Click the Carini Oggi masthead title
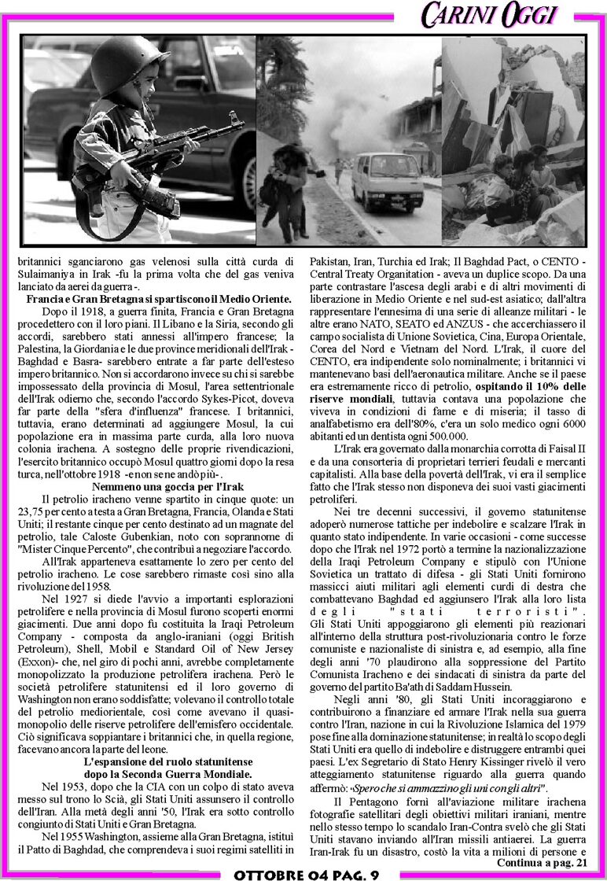pyautogui.click(x=488, y=14)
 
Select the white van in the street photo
pyautogui.click(x=375, y=180)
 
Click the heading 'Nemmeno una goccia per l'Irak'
pyautogui.click(x=164, y=487)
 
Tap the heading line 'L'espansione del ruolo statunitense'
pyautogui.click(x=167, y=763)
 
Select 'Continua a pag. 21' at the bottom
pyautogui.click(x=542, y=863)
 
